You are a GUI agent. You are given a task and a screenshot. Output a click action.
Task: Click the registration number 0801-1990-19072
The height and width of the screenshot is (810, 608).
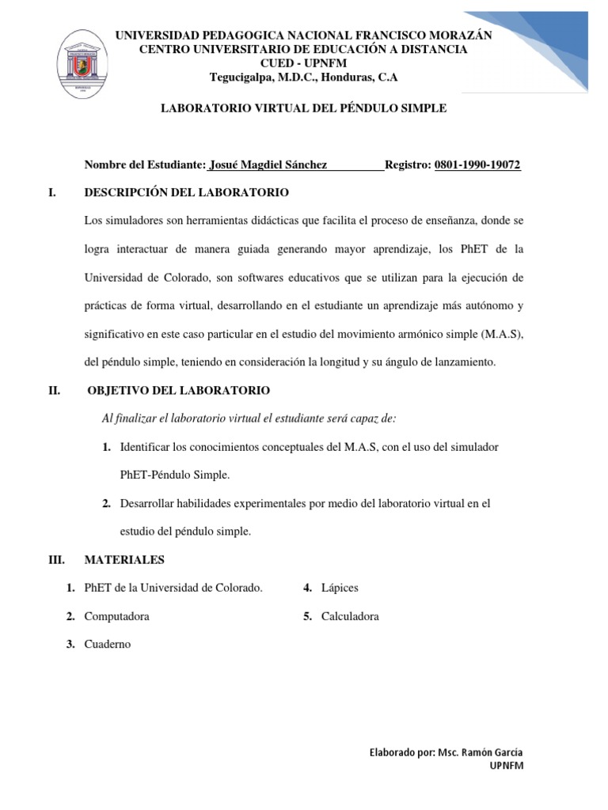point(477,165)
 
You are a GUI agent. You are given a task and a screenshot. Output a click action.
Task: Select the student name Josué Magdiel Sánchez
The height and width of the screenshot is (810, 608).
point(268,165)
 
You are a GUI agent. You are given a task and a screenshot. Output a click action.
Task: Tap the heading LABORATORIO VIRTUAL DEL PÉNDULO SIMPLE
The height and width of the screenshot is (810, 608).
point(304,108)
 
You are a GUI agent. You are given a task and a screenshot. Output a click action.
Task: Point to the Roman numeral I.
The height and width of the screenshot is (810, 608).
point(51,192)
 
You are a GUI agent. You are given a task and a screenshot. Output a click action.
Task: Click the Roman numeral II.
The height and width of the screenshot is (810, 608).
point(54,391)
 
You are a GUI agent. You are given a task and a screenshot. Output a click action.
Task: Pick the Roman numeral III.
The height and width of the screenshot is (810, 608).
point(56,560)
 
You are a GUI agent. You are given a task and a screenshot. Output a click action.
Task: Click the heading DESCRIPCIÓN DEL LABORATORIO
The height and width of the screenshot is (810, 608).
point(186,192)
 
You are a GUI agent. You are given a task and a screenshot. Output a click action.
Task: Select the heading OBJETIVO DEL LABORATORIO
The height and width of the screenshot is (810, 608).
point(179,391)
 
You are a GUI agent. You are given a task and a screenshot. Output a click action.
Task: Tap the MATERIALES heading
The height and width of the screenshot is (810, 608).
point(124,560)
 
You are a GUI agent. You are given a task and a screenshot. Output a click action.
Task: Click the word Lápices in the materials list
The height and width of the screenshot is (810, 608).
point(340,588)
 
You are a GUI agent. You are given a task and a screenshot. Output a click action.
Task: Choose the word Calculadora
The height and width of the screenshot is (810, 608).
point(350,616)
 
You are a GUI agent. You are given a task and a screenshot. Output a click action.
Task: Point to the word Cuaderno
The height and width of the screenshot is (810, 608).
point(108,645)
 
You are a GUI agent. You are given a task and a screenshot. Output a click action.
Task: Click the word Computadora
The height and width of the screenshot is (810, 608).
point(117,616)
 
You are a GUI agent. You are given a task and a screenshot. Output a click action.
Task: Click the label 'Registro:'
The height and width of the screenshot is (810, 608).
point(408,165)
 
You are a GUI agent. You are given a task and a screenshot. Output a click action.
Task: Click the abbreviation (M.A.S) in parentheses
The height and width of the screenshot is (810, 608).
point(502,335)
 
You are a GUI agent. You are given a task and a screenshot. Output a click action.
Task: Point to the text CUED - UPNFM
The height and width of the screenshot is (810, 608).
point(304,63)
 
